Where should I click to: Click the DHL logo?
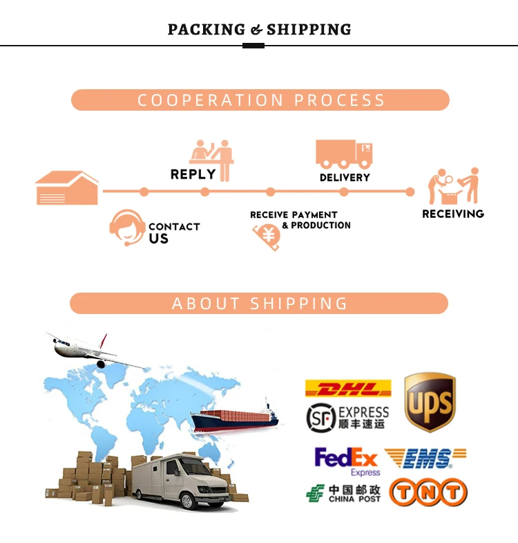point(348,388)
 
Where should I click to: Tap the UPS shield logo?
point(430,403)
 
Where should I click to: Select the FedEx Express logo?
point(347,461)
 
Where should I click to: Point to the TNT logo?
point(428,493)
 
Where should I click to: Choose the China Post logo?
point(343,493)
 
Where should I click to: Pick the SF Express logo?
point(347,417)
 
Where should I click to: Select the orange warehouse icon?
point(67,187)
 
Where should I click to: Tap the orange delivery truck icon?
point(344,154)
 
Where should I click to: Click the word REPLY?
point(193,174)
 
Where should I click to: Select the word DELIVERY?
point(345,178)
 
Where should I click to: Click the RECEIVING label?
point(453,214)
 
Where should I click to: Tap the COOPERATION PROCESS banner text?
point(260,100)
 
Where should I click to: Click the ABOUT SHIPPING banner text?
point(260,304)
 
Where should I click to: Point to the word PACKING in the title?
point(207,30)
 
